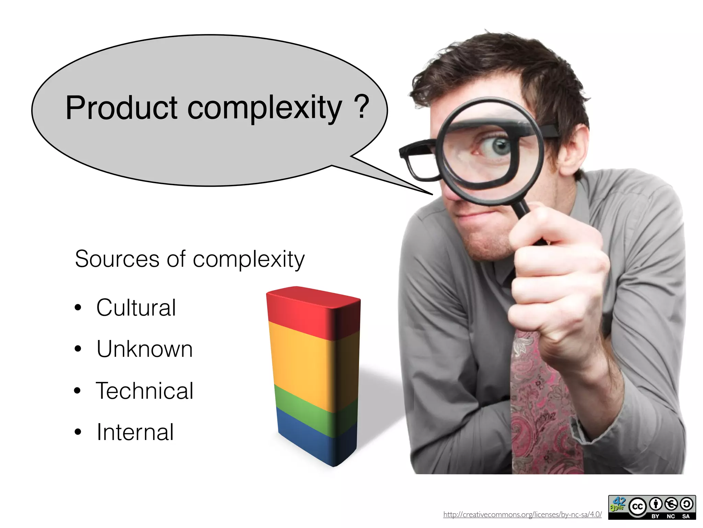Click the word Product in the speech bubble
click(121, 108)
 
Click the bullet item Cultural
click(136, 307)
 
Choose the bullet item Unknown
click(145, 349)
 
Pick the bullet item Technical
click(145, 390)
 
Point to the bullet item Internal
click(135, 432)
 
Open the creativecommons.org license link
click(522, 515)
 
